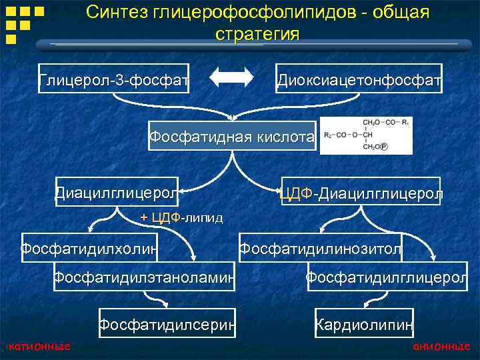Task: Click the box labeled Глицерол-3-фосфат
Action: [114, 81]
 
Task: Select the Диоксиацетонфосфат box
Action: [359, 81]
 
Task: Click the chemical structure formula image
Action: [366, 136]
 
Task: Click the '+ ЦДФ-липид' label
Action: [181, 217]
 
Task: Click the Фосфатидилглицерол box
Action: [387, 276]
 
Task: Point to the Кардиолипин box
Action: [364, 325]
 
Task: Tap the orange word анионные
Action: [441, 346]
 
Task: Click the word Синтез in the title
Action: [115, 13]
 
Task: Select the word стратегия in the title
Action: [257, 33]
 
